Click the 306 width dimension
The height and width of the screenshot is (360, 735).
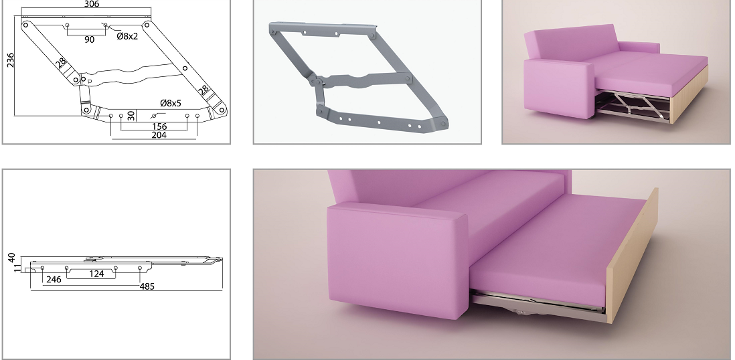(x=92, y=4)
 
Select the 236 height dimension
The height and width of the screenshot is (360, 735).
(x=10, y=60)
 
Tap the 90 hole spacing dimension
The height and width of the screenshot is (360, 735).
(x=90, y=40)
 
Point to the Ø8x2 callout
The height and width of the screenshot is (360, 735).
(x=127, y=35)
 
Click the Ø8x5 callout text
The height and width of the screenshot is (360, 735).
(x=171, y=103)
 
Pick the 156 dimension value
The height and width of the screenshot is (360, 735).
(x=159, y=126)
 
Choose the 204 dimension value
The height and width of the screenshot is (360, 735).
(x=159, y=135)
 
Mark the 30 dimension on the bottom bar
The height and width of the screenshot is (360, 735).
(x=131, y=115)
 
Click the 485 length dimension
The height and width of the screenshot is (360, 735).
(x=147, y=286)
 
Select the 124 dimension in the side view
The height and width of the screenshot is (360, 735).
(x=96, y=274)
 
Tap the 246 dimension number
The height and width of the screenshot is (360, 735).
(x=54, y=280)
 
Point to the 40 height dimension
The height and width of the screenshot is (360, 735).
(x=12, y=258)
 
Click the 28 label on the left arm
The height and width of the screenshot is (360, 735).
(x=61, y=64)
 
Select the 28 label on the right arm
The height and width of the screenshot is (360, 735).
(x=204, y=90)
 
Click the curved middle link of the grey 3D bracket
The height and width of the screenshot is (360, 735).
(x=361, y=80)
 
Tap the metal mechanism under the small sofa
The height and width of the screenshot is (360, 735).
(x=633, y=107)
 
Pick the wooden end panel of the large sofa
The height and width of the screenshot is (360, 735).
(x=632, y=256)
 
